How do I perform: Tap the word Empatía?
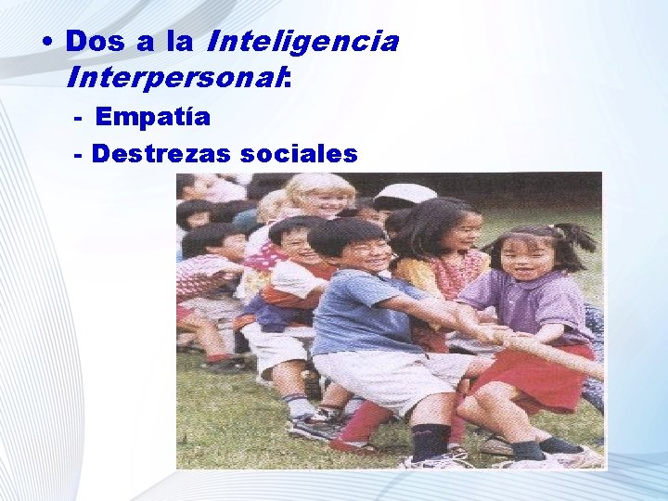pyautogui.click(x=152, y=118)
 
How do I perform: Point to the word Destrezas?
pyautogui.click(x=161, y=154)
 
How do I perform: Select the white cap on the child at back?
pyautogui.click(x=405, y=194)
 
